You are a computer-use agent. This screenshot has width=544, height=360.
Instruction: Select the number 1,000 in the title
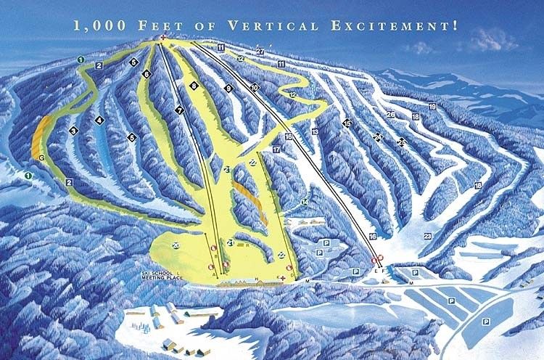tap(97, 25)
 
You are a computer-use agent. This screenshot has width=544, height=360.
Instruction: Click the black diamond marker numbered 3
tap(73, 131)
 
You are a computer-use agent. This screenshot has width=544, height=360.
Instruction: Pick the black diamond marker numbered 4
tap(99, 120)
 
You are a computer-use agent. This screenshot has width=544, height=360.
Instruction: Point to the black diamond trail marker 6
tap(147, 74)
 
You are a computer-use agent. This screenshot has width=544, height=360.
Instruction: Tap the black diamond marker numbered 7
tap(178, 110)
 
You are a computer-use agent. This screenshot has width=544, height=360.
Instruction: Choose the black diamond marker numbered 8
tap(194, 86)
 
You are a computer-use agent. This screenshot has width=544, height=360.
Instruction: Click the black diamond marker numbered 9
tap(228, 88)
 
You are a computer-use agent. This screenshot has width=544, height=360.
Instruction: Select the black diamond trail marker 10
tap(254, 87)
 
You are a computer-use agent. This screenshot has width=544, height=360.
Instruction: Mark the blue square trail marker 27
tap(260, 51)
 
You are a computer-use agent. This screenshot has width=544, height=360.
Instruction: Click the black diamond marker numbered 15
tap(347, 123)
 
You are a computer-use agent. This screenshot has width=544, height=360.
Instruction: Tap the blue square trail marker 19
tap(432, 107)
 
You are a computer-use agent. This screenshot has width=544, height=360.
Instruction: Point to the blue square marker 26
tap(390, 115)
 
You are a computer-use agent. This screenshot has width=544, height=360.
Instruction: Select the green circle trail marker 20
tap(176, 245)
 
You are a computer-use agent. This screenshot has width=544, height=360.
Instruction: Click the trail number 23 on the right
tap(428, 236)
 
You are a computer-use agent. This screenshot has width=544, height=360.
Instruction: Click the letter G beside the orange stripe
tap(42, 157)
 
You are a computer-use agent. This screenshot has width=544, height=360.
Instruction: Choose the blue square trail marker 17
tap(276, 149)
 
